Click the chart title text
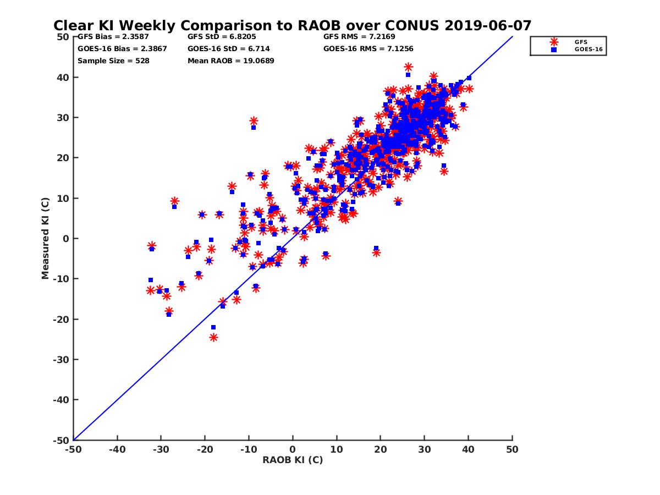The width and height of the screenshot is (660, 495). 292,25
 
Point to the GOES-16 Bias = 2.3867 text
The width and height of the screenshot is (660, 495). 122,49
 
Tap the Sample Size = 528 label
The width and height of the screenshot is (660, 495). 113,61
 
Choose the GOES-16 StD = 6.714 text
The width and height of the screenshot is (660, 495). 229,49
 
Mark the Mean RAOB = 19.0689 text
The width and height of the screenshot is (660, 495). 231,61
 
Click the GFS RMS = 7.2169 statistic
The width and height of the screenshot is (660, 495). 359,37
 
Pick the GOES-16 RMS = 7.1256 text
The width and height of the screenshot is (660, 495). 369,49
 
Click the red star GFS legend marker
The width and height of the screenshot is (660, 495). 554,42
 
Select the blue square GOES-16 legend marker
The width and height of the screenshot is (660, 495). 554,50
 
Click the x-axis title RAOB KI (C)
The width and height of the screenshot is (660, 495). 292,460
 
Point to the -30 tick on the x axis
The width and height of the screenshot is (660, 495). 161,449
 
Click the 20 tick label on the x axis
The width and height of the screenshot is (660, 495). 380,449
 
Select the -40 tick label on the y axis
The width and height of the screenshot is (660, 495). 61,400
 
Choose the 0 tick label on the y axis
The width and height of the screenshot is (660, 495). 65,239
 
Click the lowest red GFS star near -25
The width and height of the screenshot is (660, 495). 213,337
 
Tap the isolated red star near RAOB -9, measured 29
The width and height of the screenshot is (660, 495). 254,121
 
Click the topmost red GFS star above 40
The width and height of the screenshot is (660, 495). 408,67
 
